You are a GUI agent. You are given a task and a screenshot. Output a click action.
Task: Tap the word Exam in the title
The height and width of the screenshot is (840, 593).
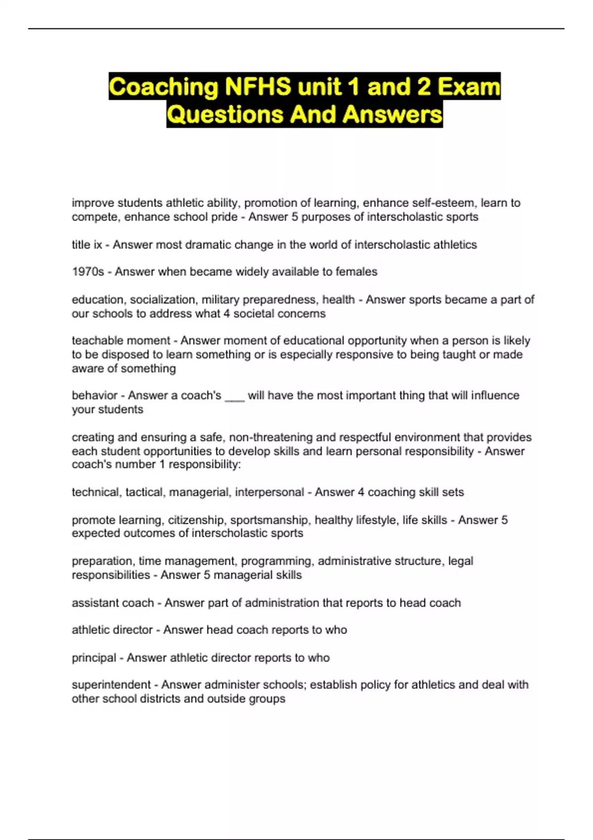pyautogui.click(x=468, y=87)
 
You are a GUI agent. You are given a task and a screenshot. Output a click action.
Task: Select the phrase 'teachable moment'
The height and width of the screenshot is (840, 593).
pyautogui.click(x=121, y=340)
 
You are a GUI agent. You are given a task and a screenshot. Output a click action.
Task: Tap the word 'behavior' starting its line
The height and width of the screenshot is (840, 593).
pyautogui.click(x=94, y=395)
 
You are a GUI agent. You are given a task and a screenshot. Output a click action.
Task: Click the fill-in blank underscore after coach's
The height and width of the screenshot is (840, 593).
pyautogui.click(x=235, y=396)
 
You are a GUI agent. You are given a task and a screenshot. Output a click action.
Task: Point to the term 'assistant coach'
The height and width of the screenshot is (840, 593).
pyautogui.click(x=113, y=603)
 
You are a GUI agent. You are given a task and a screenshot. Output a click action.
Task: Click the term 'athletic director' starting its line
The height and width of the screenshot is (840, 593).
pyautogui.click(x=112, y=630)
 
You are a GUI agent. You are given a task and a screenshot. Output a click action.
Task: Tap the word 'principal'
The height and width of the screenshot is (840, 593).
pyautogui.click(x=94, y=658)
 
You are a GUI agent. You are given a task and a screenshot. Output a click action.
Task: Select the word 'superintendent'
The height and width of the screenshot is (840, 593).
pyautogui.click(x=111, y=685)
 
